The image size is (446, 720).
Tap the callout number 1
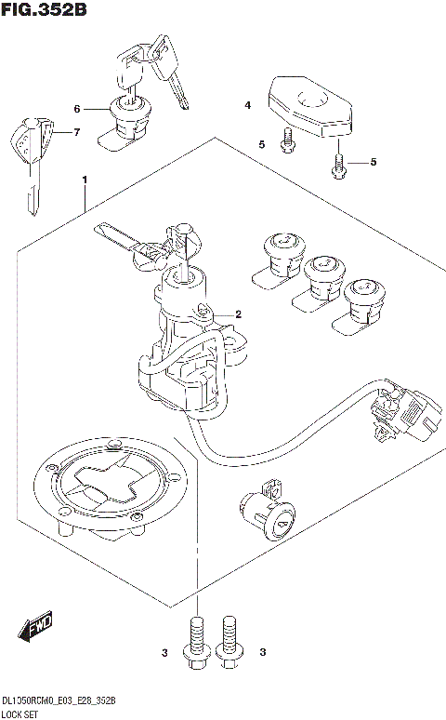tap(85, 178)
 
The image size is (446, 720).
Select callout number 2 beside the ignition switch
tap(238, 313)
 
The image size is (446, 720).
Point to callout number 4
tap(248, 107)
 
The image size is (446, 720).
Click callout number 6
tap(78, 109)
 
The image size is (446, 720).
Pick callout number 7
tap(77, 132)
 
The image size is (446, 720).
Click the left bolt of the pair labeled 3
tap(195, 643)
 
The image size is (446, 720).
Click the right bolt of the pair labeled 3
tap(229, 643)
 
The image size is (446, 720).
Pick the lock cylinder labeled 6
tap(128, 119)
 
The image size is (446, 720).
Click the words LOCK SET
tap(20, 713)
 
